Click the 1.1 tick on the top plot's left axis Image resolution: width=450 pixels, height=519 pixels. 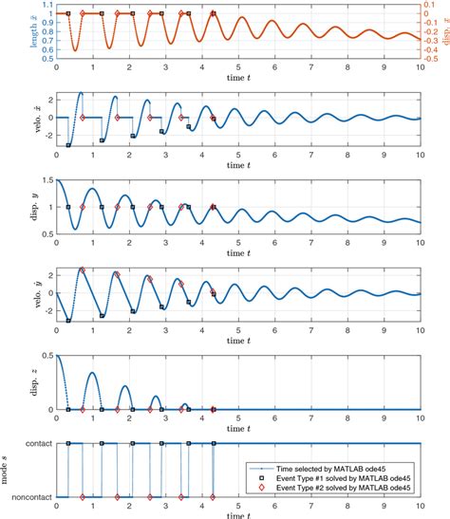point(45,5)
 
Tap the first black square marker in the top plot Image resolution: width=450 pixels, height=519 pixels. point(68,14)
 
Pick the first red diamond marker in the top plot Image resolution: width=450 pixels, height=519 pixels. point(83,14)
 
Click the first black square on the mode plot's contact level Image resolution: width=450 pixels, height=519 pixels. point(68,443)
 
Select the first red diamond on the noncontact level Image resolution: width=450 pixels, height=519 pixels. point(83,496)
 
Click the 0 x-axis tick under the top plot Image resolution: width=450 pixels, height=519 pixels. point(56,67)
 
